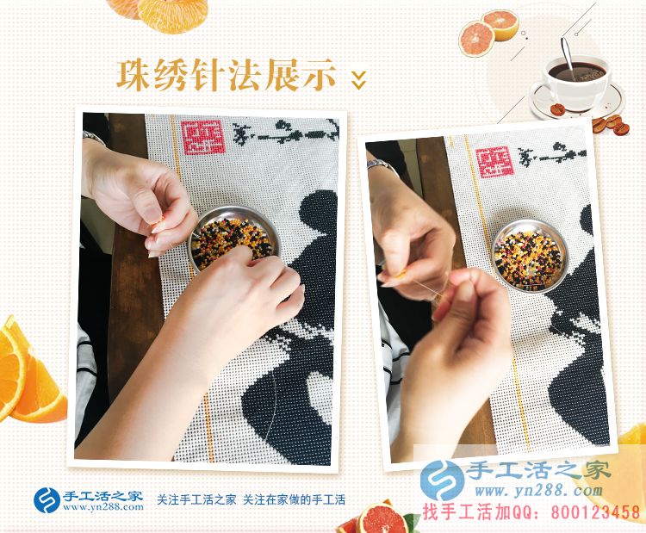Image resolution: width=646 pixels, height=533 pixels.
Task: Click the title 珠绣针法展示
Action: click(226, 75)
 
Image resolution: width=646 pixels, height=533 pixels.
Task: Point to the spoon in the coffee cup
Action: click(568, 53)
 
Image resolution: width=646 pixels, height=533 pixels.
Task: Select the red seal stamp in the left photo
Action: click(202, 136)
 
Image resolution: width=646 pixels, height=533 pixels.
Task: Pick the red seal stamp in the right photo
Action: click(496, 161)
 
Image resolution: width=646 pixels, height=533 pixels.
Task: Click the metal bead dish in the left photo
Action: click(233, 239)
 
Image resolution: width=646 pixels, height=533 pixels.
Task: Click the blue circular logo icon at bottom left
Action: click(47, 500)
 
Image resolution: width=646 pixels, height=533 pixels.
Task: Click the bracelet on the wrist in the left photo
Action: click(93, 138)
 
